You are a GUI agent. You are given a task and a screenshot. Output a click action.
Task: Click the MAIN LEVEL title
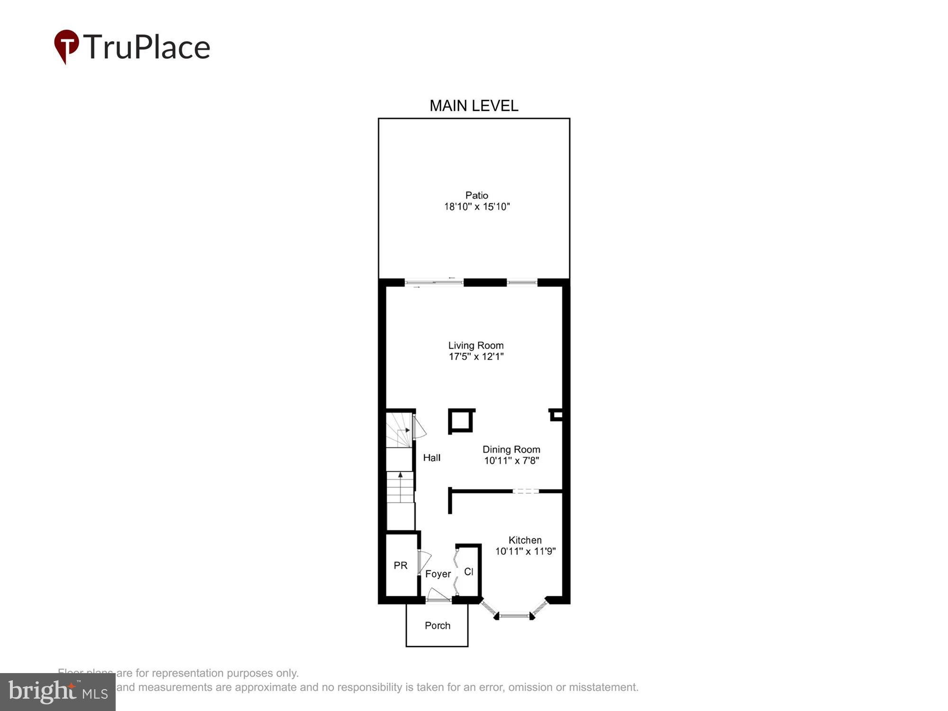click(474, 106)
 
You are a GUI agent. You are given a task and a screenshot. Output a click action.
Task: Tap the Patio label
click(476, 195)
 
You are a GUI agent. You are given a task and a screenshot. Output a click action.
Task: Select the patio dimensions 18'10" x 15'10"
click(476, 207)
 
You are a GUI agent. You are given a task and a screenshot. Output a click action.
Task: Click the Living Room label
click(476, 346)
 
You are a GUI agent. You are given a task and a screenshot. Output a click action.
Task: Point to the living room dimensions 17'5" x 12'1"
click(476, 356)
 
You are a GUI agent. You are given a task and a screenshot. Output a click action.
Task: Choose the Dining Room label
click(511, 449)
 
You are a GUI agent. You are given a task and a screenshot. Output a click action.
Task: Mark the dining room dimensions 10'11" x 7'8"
click(511, 460)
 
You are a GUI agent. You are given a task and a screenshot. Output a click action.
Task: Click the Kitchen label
click(525, 540)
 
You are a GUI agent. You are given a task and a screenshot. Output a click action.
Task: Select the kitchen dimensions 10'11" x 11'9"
click(525, 551)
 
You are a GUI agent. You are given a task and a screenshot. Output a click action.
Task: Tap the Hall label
click(431, 457)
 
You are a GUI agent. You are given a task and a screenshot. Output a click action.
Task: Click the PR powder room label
click(401, 565)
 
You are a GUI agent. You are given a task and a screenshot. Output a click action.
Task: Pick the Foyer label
click(438, 574)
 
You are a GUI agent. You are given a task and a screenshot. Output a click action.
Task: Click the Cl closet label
click(468, 572)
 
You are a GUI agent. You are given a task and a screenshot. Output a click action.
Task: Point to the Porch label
click(437, 626)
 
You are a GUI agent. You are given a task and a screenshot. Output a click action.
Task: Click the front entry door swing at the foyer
click(438, 595)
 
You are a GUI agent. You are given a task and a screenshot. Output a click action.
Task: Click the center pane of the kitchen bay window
click(514, 616)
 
